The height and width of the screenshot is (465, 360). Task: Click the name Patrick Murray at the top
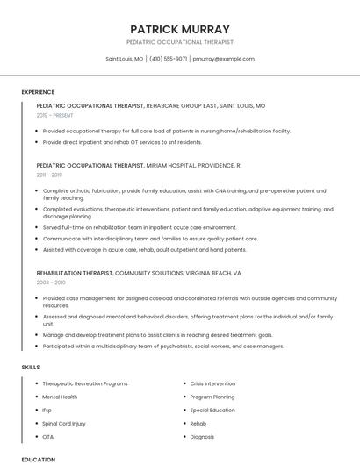(x=179, y=29)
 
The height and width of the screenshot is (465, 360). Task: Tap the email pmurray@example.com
(x=223, y=59)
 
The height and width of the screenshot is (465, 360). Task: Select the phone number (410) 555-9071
(x=168, y=59)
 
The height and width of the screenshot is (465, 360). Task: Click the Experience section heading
(x=38, y=91)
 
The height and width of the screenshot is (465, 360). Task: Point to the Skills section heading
(x=31, y=366)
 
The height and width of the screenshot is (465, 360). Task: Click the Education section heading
(x=38, y=459)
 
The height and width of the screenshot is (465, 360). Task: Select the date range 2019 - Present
(x=55, y=115)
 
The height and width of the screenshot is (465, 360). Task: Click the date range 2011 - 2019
(x=49, y=175)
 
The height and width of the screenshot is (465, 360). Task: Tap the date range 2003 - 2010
(x=51, y=283)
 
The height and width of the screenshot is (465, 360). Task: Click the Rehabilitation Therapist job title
(x=75, y=273)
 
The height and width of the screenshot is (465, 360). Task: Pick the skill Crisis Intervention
(x=212, y=383)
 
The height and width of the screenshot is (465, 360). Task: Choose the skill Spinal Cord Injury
(x=64, y=423)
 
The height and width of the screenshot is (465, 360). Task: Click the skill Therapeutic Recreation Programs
(x=84, y=383)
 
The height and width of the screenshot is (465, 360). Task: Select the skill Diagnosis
(x=202, y=436)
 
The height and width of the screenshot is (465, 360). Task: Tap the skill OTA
(x=48, y=436)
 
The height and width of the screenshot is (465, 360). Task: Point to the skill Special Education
(x=212, y=410)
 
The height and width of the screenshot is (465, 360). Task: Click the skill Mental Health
(x=60, y=397)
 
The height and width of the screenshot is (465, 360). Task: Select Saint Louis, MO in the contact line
(x=124, y=59)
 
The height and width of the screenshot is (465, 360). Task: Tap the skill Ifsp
(x=47, y=410)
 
